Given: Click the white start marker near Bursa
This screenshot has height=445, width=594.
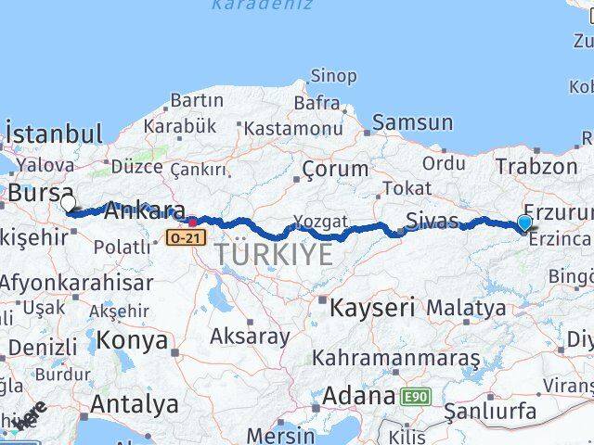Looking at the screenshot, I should (68, 203).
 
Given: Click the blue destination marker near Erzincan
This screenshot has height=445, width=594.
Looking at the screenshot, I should (524, 222).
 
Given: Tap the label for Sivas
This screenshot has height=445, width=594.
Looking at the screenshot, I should (433, 221).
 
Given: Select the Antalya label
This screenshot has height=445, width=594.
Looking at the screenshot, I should (135, 404).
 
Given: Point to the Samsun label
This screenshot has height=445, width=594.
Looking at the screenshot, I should (413, 122).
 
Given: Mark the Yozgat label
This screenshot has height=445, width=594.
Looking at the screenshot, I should (320, 222).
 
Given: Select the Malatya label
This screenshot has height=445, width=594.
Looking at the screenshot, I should (467, 307).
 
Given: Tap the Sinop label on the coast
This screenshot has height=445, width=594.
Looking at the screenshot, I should (333, 76).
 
